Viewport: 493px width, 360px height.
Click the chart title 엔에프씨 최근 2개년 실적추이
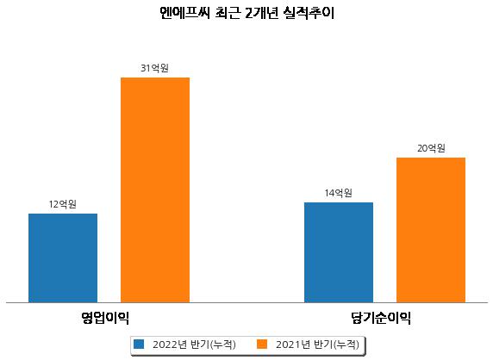tap(246, 13)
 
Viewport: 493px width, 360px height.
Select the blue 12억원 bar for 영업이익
tap(63, 258)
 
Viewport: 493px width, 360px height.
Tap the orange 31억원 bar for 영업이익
tap(155, 190)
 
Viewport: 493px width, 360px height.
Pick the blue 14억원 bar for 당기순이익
tap(339, 252)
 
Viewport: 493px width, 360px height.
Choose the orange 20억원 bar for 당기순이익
tap(431, 230)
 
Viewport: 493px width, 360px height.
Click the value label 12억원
tap(63, 204)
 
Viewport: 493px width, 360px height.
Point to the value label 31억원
tap(154, 68)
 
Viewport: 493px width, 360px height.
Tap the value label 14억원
tap(339, 193)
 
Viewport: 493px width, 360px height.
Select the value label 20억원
tap(431, 148)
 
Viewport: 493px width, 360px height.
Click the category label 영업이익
tap(105, 318)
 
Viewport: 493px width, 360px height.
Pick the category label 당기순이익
tap(381, 318)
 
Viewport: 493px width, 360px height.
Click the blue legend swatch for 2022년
tap(139, 344)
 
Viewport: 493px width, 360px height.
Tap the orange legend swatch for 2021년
tap(262, 344)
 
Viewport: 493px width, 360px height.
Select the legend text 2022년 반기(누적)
tap(194, 344)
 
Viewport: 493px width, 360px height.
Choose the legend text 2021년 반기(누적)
tap(317, 344)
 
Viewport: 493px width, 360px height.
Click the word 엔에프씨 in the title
tap(184, 13)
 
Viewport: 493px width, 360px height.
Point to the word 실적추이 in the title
tap(309, 13)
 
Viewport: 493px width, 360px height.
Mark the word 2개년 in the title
tap(261, 13)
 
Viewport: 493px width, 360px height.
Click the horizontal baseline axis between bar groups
tap(246, 303)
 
